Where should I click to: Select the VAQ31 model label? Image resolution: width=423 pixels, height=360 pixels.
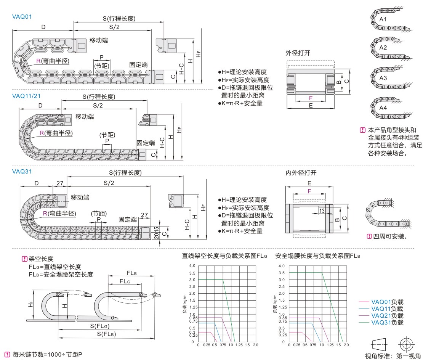pyautogui.click(x=22, y=172)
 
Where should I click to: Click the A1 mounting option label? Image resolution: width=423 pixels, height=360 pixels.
pyautogui.click(x=383, y=19)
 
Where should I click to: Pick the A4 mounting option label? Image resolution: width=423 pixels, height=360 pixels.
pyautogui.click(x=383, y=108)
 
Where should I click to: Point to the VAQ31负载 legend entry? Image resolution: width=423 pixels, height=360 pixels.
pyautogui.click(x=387, y=323)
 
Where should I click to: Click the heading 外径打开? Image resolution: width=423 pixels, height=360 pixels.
pyautogui.click(x=298, y=53)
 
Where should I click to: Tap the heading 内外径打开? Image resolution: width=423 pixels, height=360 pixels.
pyautogui.click(x=301, y=173)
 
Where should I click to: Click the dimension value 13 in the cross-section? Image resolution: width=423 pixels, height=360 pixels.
pyautogui.click(x=322, y=211)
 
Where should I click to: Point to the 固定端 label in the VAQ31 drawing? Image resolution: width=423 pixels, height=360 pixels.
pyautogui.click(x=128, y=220)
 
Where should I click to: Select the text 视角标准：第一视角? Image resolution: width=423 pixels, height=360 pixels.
pyautogui.click(x=393, y=356)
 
